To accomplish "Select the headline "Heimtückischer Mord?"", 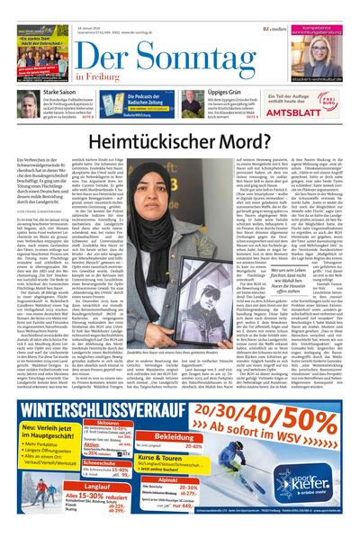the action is tap(179, 138).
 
